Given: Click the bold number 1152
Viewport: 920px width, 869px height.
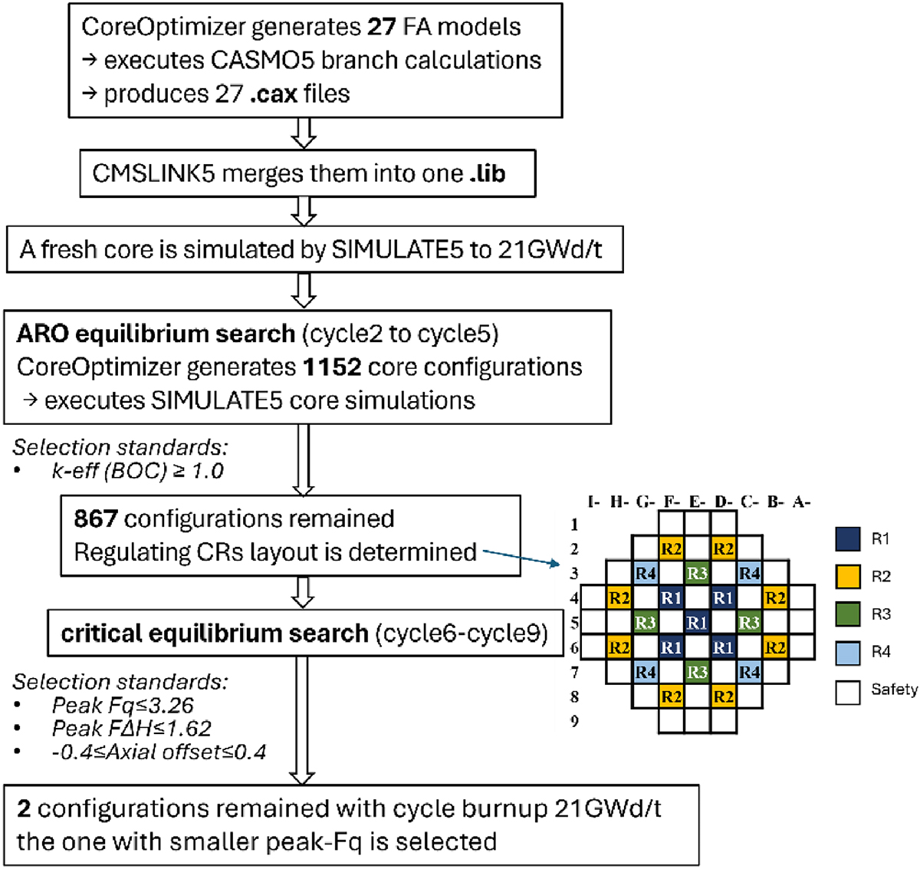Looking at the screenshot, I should (331, 367).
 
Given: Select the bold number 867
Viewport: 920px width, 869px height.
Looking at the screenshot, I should (95, 518).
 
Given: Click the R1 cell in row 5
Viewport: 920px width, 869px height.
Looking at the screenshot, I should (697, 623).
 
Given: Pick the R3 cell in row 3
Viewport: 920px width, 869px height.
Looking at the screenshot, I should (697, 573).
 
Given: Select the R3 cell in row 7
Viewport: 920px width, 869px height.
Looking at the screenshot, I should (697, 673).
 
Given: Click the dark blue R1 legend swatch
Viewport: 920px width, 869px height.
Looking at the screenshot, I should (847, 538).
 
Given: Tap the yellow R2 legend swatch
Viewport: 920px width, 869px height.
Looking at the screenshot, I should (847, 577).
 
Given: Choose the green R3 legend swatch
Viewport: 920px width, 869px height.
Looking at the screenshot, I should (847, 614).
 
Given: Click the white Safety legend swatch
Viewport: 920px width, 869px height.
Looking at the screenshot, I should (847, 691).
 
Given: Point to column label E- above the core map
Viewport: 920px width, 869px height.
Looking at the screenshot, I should (697, 502).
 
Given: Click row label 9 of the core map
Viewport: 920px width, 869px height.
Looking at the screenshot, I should (574, 721).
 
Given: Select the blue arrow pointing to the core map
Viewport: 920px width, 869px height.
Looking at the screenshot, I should (521, 557).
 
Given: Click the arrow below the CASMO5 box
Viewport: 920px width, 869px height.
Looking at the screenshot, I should (304, 133).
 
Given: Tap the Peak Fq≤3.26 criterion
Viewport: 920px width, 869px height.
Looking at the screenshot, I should (123, 705).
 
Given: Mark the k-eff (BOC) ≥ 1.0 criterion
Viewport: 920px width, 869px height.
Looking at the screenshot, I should (137, 470).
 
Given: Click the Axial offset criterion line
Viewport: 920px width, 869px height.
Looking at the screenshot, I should (159, 751).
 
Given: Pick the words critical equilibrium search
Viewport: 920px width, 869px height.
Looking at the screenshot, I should (215, 634).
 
